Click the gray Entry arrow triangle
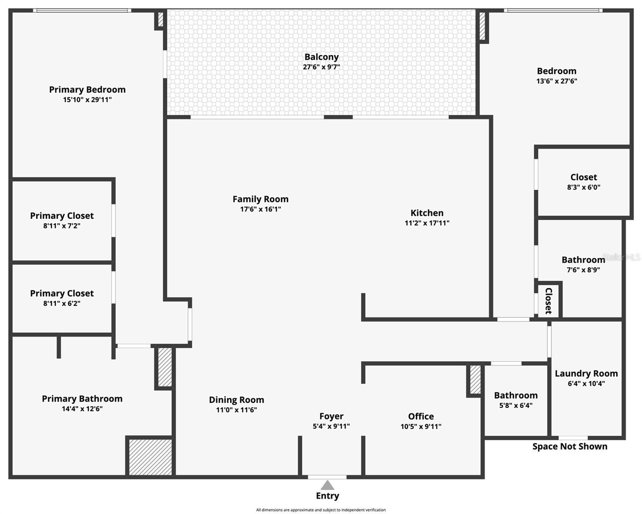coord(327,485)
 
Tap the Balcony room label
coord(321,57)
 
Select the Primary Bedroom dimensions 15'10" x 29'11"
coord(87,100)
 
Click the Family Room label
coord(260,199)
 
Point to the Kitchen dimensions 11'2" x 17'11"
coord(427,223)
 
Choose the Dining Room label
coord(236,400)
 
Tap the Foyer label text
coord(331,416)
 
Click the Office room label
coord(421,416)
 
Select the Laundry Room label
coord(586,374)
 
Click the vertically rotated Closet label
coord(548,301)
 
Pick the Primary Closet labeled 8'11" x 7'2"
coord(62,216)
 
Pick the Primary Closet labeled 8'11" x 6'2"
coord(62,293)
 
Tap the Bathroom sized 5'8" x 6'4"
coord(515,395)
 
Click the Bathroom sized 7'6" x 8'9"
coord(583,260)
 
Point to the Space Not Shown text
coord(570,446)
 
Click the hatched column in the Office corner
coord(475,379)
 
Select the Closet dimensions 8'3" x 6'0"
coord(583,187)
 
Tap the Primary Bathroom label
coord(82,399)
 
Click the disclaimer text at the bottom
coord(321,510)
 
